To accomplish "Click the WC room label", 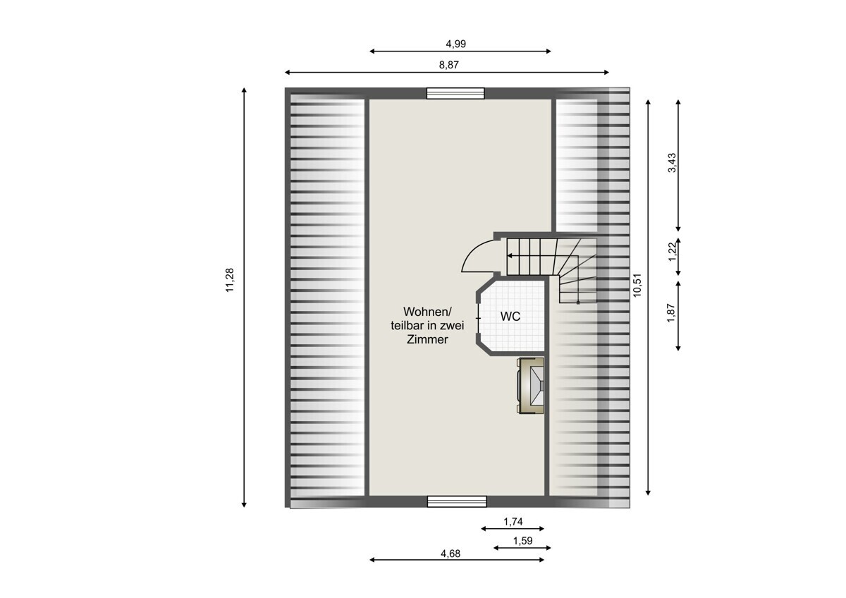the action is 510,316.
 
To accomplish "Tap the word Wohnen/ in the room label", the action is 427,312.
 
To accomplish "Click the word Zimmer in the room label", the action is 427,339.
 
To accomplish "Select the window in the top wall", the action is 455,93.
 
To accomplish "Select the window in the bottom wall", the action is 457,501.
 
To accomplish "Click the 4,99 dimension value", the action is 456,44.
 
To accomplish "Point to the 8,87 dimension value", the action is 448,65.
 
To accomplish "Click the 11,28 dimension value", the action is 230,280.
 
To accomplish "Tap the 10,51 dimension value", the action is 637,285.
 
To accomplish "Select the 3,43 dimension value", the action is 672,163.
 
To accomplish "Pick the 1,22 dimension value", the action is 672,251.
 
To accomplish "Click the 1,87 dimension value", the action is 670,313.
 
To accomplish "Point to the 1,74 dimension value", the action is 513,522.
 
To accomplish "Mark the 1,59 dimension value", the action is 522,541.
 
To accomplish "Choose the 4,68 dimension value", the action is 450,554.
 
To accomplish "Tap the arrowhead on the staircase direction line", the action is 510,256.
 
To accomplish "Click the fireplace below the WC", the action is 530,386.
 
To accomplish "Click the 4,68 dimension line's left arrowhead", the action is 372,559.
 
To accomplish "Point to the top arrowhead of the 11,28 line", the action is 244,90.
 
